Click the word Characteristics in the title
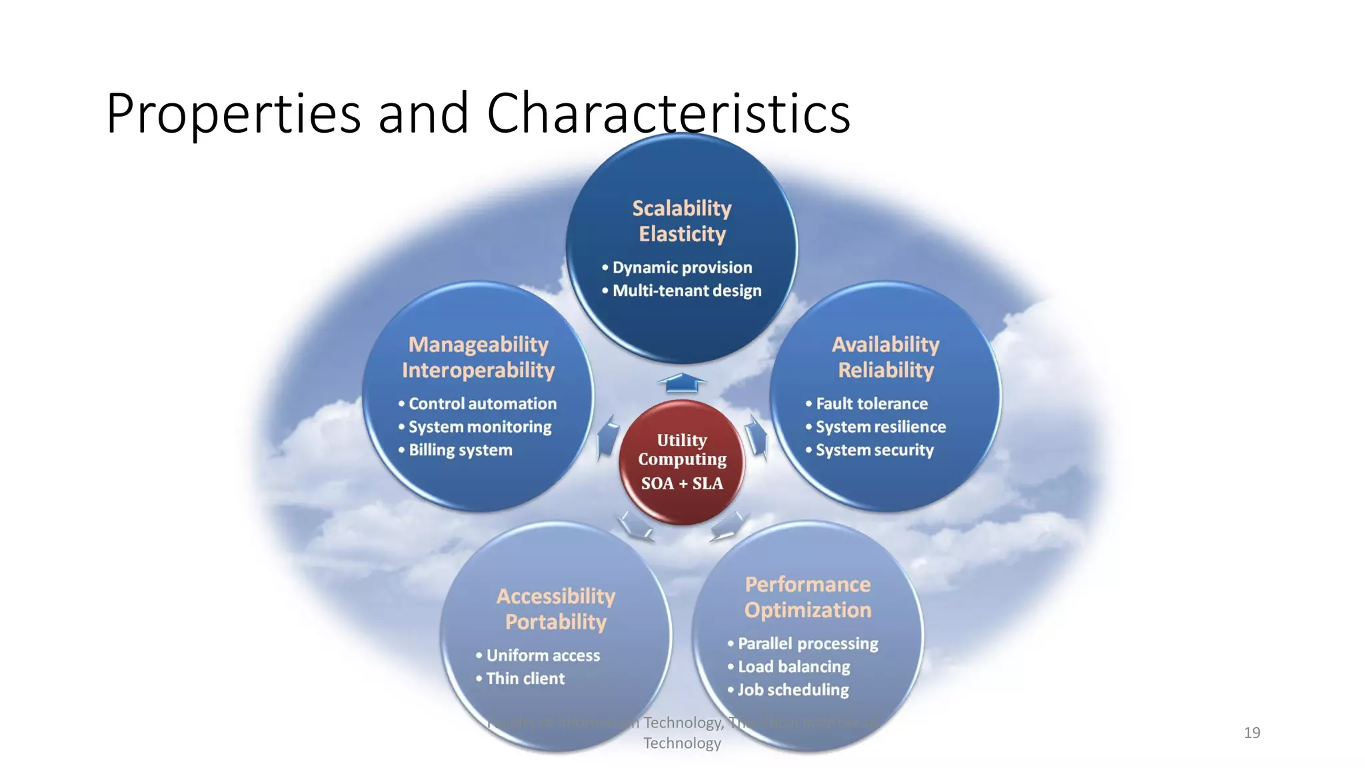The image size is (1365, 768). tap(668, 113)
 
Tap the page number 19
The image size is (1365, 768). tap(1252, 733)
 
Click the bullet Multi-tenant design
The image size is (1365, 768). tap(686, 291)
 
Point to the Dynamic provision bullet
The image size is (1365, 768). tap(682, 267)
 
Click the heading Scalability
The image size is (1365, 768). tap(682, 209)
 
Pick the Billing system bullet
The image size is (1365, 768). tap(460, 450)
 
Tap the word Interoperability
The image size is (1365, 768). tap(478, 370)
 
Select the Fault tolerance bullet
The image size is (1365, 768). tap(871, 404)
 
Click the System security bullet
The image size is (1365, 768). tap(874, 450)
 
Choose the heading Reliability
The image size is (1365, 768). tap(886, 370)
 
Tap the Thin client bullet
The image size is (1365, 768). tap(525, 679)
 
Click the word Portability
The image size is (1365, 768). tap(556, 622)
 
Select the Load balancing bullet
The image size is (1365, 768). tap(794, 667)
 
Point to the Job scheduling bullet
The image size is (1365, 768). tap(793, 690)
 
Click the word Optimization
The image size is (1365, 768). tap(808, 610)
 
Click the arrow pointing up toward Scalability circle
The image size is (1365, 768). tap(682, 383)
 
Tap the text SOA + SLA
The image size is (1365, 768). tap(682, 483)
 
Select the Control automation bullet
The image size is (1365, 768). tap(482, 404)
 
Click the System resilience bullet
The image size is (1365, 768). tap(880, 427)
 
